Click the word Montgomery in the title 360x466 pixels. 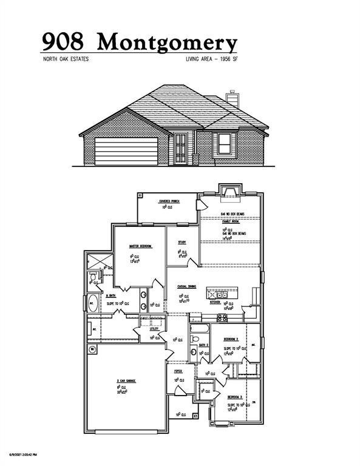click(x=168, y=42)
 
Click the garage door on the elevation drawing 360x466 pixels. click(x=126, y=150)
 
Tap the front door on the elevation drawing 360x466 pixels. click(x=181, y=149)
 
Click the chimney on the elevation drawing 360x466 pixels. click(x=231, y=98)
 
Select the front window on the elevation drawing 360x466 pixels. click(x=224, y=144)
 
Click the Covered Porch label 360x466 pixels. click(x=168, y=201)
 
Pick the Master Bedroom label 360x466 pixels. click(x=140, y=246)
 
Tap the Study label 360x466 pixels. click(x=182, y=242)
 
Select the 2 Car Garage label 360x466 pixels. click(x=126, y=381)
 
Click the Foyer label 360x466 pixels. click(x=178, y=370)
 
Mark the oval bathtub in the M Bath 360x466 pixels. click(x=92, y=304)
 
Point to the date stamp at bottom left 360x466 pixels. click(x=23, y=454)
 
